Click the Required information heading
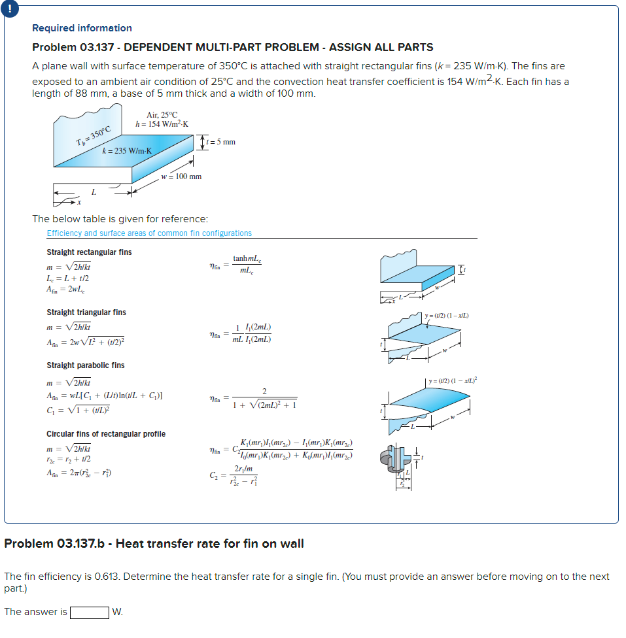82,28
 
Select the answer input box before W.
90,613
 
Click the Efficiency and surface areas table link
149,233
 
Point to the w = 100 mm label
181,176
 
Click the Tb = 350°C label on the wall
94,137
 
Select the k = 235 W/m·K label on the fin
127,151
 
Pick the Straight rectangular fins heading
89,252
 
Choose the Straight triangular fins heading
86,312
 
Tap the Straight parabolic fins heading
85,365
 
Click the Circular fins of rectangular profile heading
106,434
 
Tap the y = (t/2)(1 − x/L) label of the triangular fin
446,316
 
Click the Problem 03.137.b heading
154,544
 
